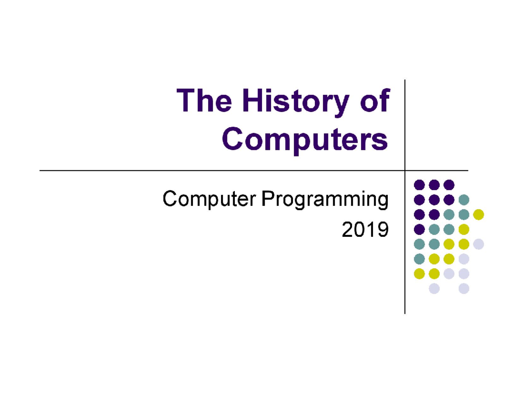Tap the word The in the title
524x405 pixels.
tap(204, 101)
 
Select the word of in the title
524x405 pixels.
tap(374, 101)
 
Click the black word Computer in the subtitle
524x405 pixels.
tap(209, 201)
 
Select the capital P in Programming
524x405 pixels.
tap(267, 200)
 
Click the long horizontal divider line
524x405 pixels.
tap(218, 170)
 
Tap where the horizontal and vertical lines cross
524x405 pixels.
tap(405, 170)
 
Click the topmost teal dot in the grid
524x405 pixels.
tap(464, 200)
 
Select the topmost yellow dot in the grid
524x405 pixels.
tap(479, 215)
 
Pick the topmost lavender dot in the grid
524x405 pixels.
tap(479, 244)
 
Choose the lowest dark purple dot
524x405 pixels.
tap(419, 229)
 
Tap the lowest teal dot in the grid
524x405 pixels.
tap(419, 259)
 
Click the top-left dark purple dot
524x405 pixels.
tap(419, 185)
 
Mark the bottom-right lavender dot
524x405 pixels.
tap(464, 288)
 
